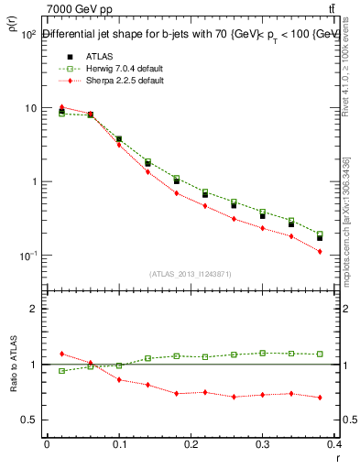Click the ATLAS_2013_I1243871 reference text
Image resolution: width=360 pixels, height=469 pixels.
click(191, 274)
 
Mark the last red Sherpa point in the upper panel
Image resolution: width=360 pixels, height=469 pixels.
click(345, 251)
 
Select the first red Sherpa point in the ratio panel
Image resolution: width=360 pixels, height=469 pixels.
click(61, 354)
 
